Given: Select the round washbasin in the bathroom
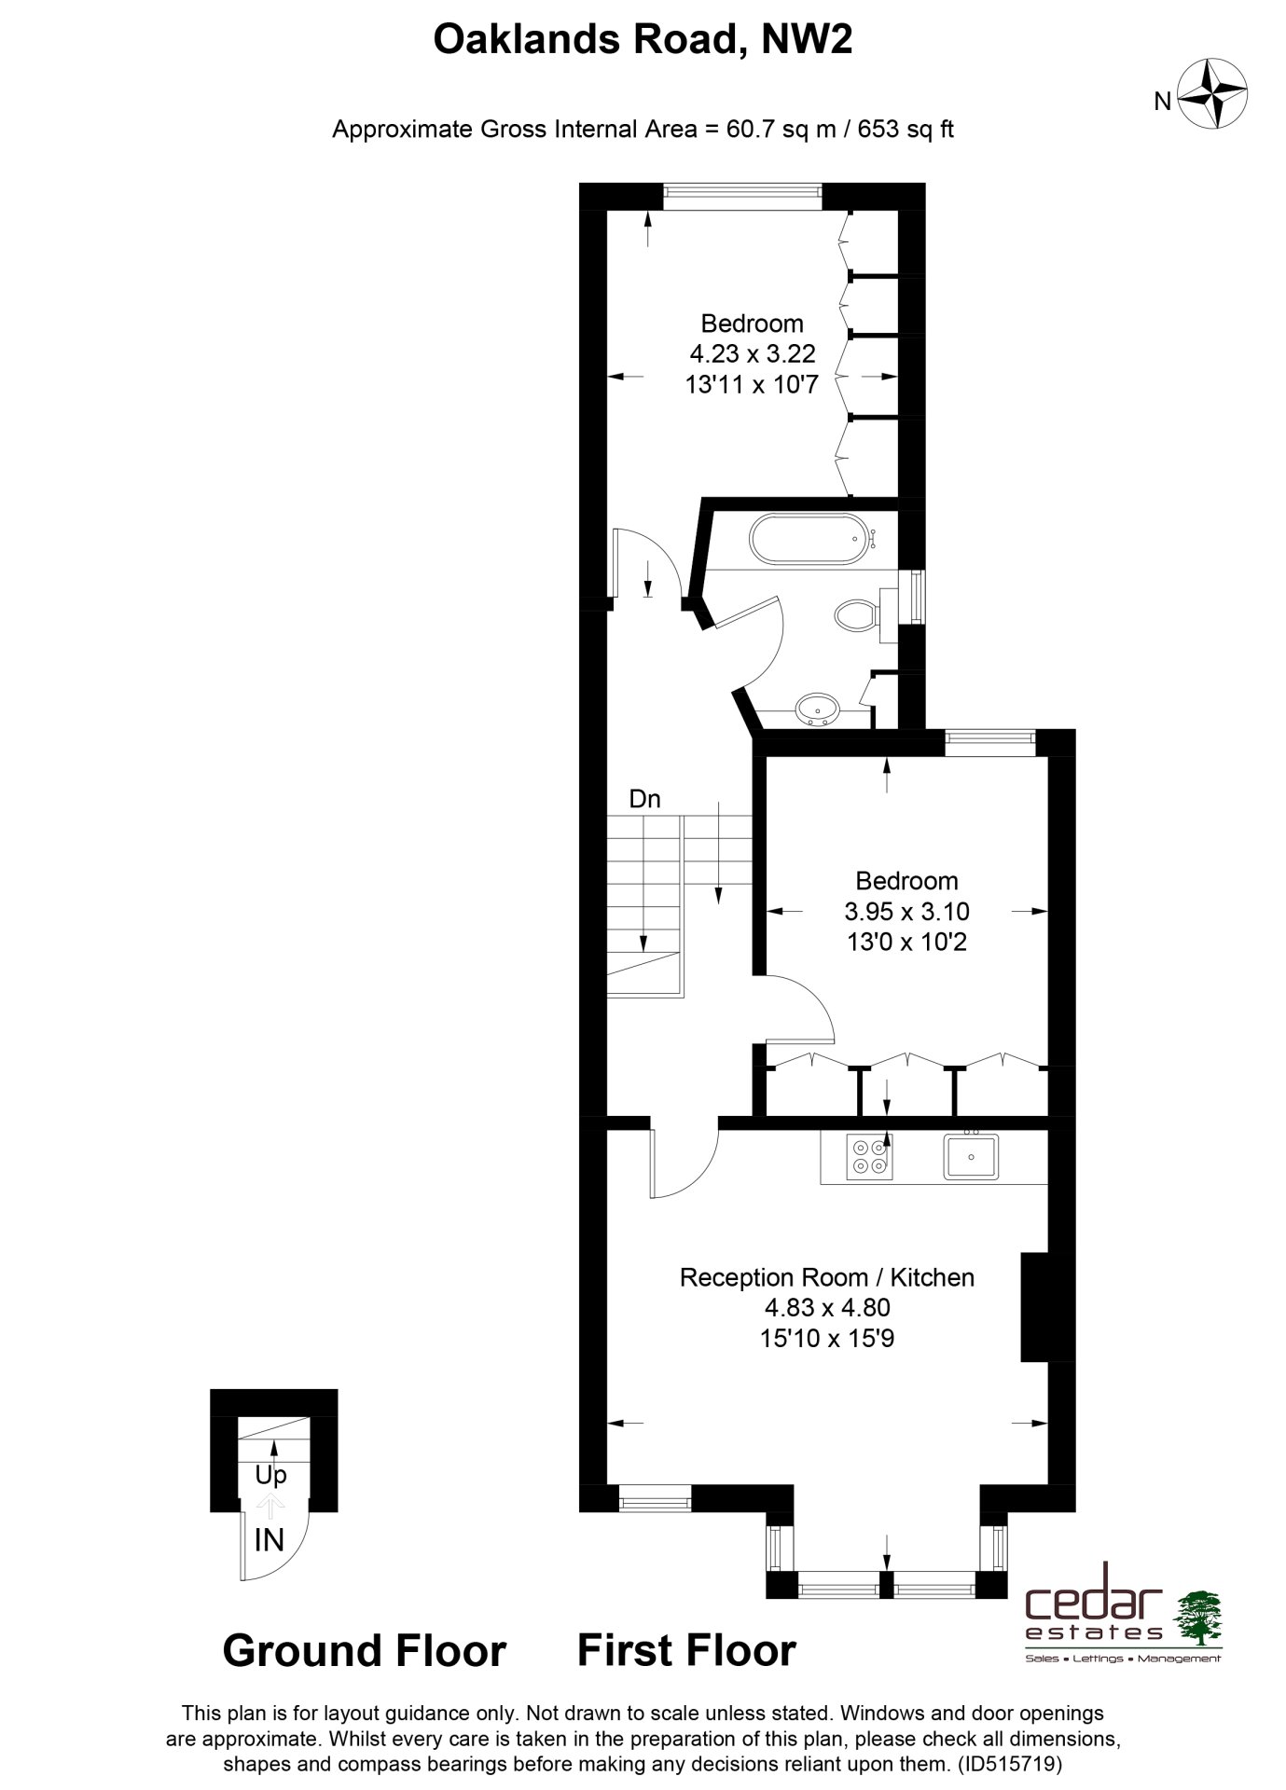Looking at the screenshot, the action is click(820, 710).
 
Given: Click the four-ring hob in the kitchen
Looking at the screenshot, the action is click(868, 1157).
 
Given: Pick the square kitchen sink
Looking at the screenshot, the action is click(970, 1156).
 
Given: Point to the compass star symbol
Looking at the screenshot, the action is click(1214, 94).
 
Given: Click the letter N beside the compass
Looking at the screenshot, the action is click(1162, 102).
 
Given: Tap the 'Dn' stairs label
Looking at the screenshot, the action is click(644, 799).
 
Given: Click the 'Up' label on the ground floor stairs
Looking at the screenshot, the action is click(270, 1476).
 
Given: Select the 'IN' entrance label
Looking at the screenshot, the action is click(270, 1539).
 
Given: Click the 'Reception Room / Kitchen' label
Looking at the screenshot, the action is click(827, 1277).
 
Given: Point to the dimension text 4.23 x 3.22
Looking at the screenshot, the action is click(752, 353).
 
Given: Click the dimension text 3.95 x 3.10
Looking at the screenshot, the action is click(906, 911).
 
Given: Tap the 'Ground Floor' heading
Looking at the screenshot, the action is click(365, 1650).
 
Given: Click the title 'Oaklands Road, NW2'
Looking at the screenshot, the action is click(643, 40).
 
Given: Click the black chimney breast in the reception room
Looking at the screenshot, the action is click(1035, 1308).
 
